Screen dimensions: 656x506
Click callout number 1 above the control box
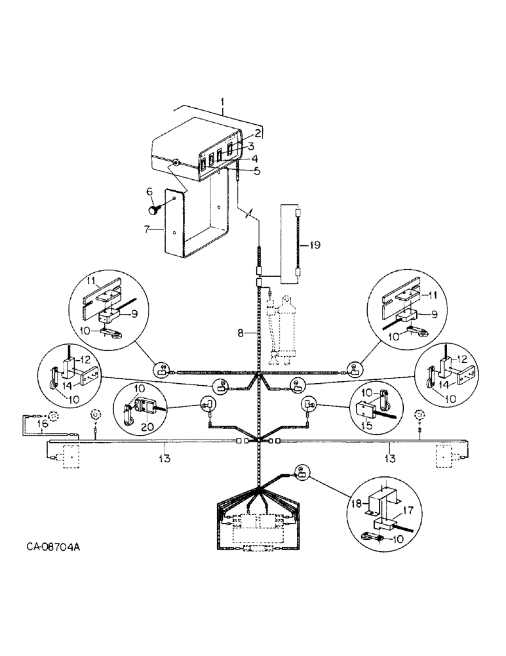[x=223, y=103]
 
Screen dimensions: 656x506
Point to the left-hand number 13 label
[x=164, y=459]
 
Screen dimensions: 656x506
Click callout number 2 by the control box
[x=258, y=133]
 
